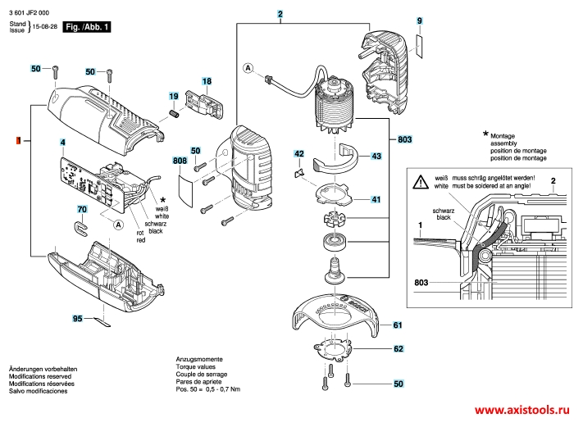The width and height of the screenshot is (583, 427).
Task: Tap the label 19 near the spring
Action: coord(174,96)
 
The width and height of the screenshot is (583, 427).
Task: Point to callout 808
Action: coord(180,161)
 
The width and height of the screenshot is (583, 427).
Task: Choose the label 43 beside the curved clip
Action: coord(376,156)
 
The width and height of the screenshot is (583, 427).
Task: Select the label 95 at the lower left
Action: coord(77,318)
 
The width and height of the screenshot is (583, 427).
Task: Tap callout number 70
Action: coord(81,211)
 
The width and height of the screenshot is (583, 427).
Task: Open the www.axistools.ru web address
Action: coord(522,409)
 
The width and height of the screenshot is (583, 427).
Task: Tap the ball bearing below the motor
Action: coord(335,241)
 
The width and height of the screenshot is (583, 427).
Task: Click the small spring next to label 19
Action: coord(173,111)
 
